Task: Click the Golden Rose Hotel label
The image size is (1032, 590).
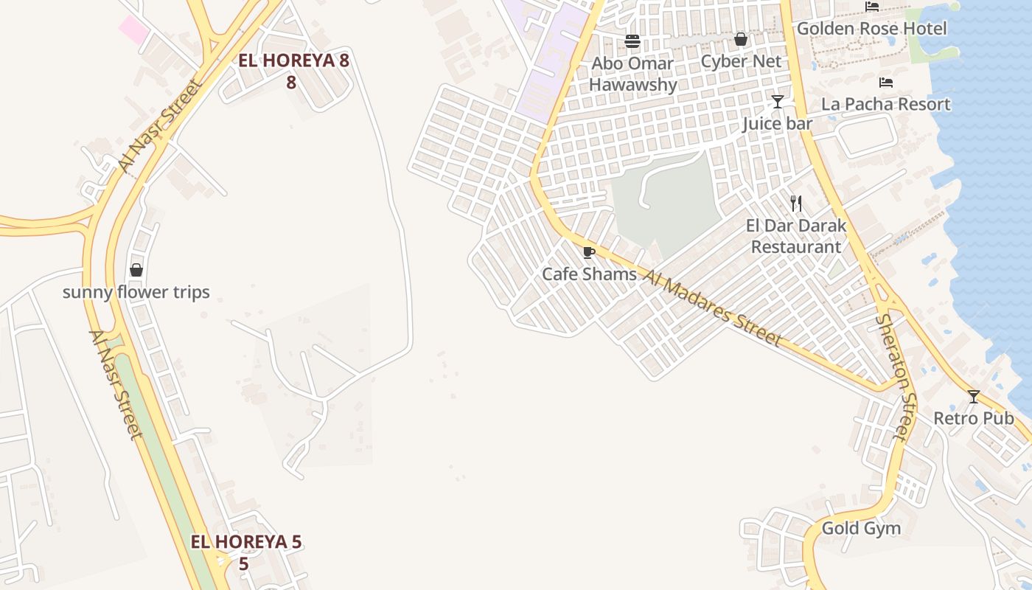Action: tap(871, 29)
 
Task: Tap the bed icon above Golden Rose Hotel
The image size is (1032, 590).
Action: tap(872, 7)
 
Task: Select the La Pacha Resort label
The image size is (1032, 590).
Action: tap(885, 104)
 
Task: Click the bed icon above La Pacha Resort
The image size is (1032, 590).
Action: tap(886, 83)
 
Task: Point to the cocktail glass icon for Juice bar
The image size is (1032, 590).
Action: tap(778, 101)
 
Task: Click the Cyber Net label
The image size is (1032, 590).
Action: tap(741, 61)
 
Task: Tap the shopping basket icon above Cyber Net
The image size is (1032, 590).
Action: tap(741, 39)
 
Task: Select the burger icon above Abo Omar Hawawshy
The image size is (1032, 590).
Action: tap(632, 41)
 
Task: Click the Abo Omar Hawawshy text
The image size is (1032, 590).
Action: tap(632, 74)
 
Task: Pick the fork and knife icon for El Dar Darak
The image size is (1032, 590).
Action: tap(796, 203)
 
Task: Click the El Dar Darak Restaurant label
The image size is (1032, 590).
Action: tap(796, 236)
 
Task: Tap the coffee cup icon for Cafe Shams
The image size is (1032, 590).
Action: tap(589, 252)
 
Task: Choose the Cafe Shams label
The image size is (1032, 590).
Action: tap(589, 274)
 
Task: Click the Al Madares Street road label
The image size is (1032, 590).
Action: tap(711, 308)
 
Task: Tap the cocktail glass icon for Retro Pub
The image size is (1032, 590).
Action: tap(974, 397)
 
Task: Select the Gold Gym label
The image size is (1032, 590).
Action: tap(861, 529)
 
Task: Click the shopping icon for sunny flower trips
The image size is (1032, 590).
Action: tap(136, 270)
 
